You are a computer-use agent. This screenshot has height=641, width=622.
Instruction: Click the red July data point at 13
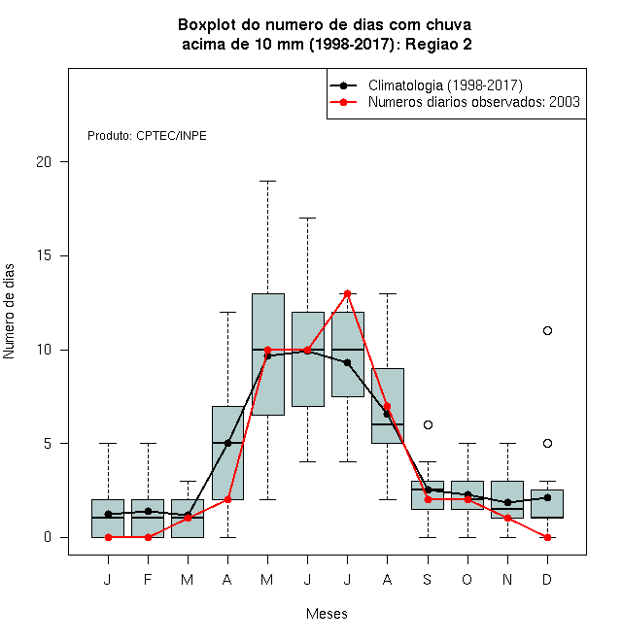(347, 293)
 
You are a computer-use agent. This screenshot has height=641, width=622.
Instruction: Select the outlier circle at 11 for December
(547, 331)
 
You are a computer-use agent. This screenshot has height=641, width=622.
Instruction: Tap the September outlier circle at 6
(428, 425)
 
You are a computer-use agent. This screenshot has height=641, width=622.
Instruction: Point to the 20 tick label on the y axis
(44, 162)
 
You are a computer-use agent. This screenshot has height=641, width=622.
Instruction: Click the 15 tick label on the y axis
(44, 255)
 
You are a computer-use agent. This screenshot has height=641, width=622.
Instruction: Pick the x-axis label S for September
(428, 579)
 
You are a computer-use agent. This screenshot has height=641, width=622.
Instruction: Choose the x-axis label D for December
(547, 579)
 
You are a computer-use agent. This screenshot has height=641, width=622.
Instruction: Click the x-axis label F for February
(148, 579)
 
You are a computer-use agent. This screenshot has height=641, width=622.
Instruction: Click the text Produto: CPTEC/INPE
(147, 136)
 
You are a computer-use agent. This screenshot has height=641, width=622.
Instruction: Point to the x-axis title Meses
(327, 614)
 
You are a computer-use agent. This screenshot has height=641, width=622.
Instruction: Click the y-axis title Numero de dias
(9, 312)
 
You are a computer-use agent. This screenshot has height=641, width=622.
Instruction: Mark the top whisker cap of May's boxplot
(267, 181)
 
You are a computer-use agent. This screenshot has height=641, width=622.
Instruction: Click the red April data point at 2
(228, 499)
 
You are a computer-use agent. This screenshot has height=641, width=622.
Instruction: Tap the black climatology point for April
(228, 443)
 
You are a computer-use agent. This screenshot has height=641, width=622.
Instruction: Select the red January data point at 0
(108, 537)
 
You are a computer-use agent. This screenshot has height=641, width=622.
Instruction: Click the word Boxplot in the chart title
(207, 25)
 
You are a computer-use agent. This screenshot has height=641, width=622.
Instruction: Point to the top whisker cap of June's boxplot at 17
(308, 219)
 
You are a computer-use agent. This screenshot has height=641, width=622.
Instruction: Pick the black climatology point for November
(507, 502)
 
